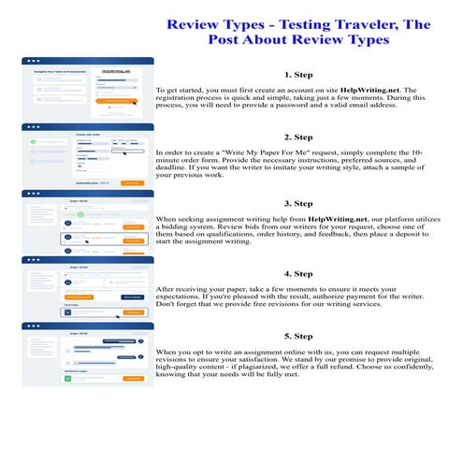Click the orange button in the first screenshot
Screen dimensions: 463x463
click(x=117, y=100)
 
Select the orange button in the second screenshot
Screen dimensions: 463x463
click(x=134, y=182)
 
